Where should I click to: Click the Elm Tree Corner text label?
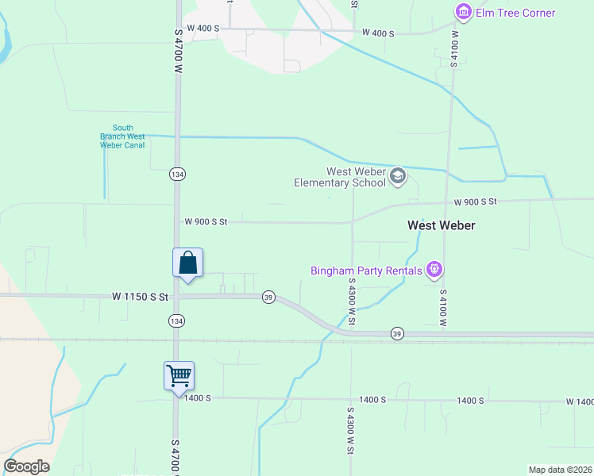515,13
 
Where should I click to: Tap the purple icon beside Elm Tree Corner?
463,12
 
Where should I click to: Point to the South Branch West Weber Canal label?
122,136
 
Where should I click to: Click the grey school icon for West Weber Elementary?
398,176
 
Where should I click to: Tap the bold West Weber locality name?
441,225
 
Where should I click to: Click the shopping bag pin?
187,263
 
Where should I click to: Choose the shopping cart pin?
179,375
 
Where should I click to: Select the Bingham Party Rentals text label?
366,271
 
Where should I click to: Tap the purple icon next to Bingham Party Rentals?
434,270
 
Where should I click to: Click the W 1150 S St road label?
141,297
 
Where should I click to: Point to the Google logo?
26,466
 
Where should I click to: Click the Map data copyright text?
560,470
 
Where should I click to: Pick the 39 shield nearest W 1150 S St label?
268,297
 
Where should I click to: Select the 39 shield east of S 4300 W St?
396,334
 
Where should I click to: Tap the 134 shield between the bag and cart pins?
176,321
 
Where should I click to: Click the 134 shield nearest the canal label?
176,174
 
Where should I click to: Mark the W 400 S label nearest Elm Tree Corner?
378,33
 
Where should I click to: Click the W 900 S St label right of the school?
475,202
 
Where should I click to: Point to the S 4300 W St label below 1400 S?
350,431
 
